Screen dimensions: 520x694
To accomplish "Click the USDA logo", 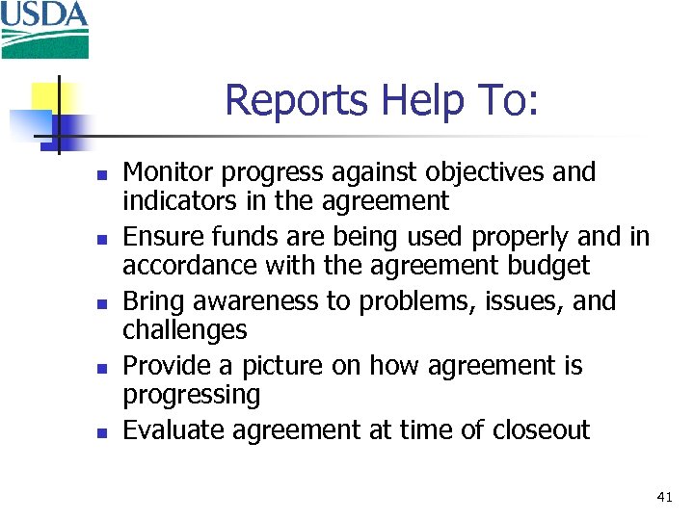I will [x=44, y=29].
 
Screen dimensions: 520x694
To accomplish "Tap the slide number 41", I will [x=663, y=497].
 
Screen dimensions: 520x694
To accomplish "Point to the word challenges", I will [x=185, y=329].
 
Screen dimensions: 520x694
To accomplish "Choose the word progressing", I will [x=192, y=395].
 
